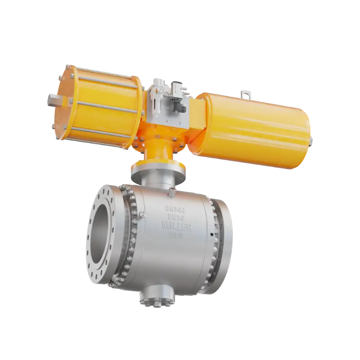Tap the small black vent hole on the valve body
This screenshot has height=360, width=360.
point(211,234)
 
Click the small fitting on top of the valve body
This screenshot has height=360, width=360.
point(171,193)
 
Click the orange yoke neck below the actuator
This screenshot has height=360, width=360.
point(155,151)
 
